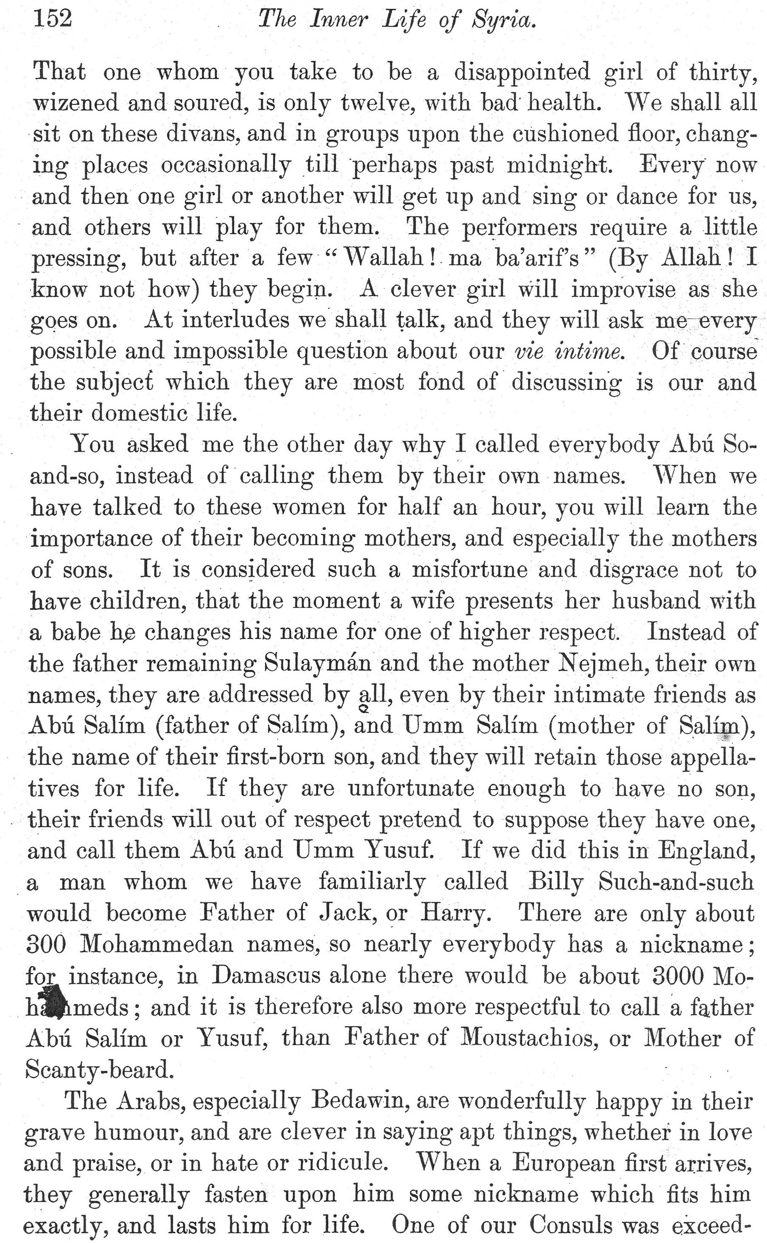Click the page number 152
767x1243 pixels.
coord(52,19)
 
